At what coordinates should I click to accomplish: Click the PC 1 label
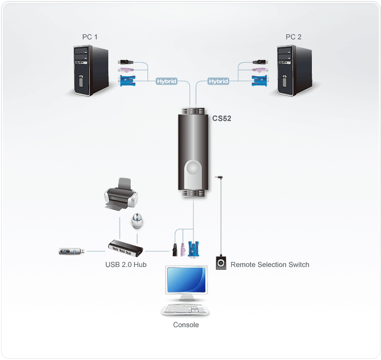[x=90, y=36]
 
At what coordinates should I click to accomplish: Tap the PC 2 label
[x=294, y=36]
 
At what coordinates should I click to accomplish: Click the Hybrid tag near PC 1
[x=167, y=81]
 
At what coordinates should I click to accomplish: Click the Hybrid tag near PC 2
[x=218, y=81]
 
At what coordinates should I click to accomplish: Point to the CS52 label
[x=222, y=118]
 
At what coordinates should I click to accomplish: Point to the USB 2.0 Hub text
[x=126, y=265]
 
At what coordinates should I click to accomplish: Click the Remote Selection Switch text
[x=270, y=265]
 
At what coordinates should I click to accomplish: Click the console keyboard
[x=186, y=310]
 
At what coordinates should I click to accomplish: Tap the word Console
[x=186, y=325]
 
